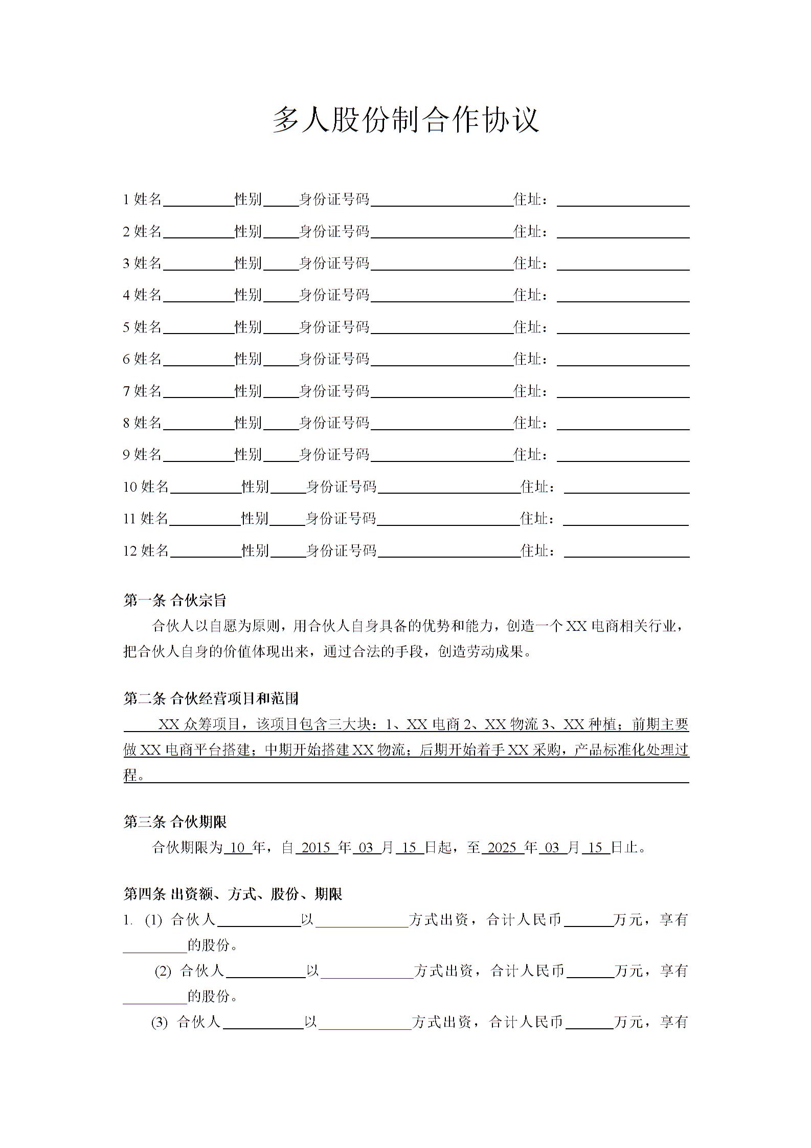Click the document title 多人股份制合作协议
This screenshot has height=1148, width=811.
click(405, 120)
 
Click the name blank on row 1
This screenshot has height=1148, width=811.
click(198, 201)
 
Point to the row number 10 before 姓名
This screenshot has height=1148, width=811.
click(130, 487)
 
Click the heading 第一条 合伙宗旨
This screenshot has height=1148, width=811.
click(175, 600)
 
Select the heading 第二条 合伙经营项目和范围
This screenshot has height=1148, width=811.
click(211, 698)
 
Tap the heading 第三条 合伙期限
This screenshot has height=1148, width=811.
click(175, 822)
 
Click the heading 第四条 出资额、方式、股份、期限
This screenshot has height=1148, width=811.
click(233, 894)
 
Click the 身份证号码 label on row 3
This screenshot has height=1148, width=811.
click(334, 263)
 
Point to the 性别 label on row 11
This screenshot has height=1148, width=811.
click(255, 519)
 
